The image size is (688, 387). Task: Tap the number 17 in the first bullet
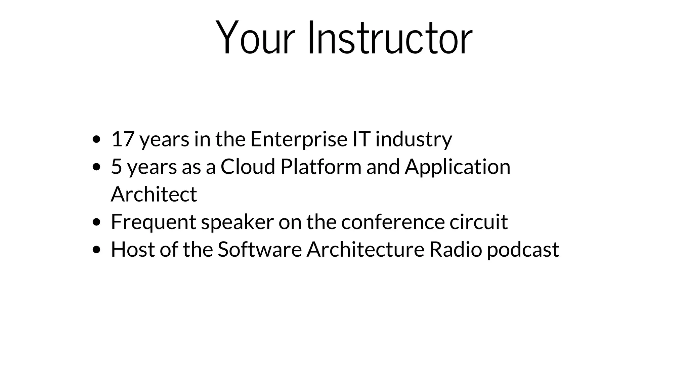[123, 139]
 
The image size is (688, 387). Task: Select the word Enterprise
[299, 139]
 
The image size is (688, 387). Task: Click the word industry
[414, 139]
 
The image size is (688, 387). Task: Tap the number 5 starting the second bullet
[116, 167]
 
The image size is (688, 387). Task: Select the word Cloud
[248, 167]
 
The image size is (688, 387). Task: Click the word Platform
[320, 167]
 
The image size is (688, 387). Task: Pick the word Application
[457, 167]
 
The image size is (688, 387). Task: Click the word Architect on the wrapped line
[154, 194]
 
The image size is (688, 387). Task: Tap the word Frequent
[154, 222]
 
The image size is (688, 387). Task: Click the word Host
[133, 250]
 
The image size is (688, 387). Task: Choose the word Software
[260, 250]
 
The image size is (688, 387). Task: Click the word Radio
[456, 250]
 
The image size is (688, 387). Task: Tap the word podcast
[523, 250]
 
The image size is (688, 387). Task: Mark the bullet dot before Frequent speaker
[96, 222]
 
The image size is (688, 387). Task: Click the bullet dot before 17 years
[96, 139]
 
